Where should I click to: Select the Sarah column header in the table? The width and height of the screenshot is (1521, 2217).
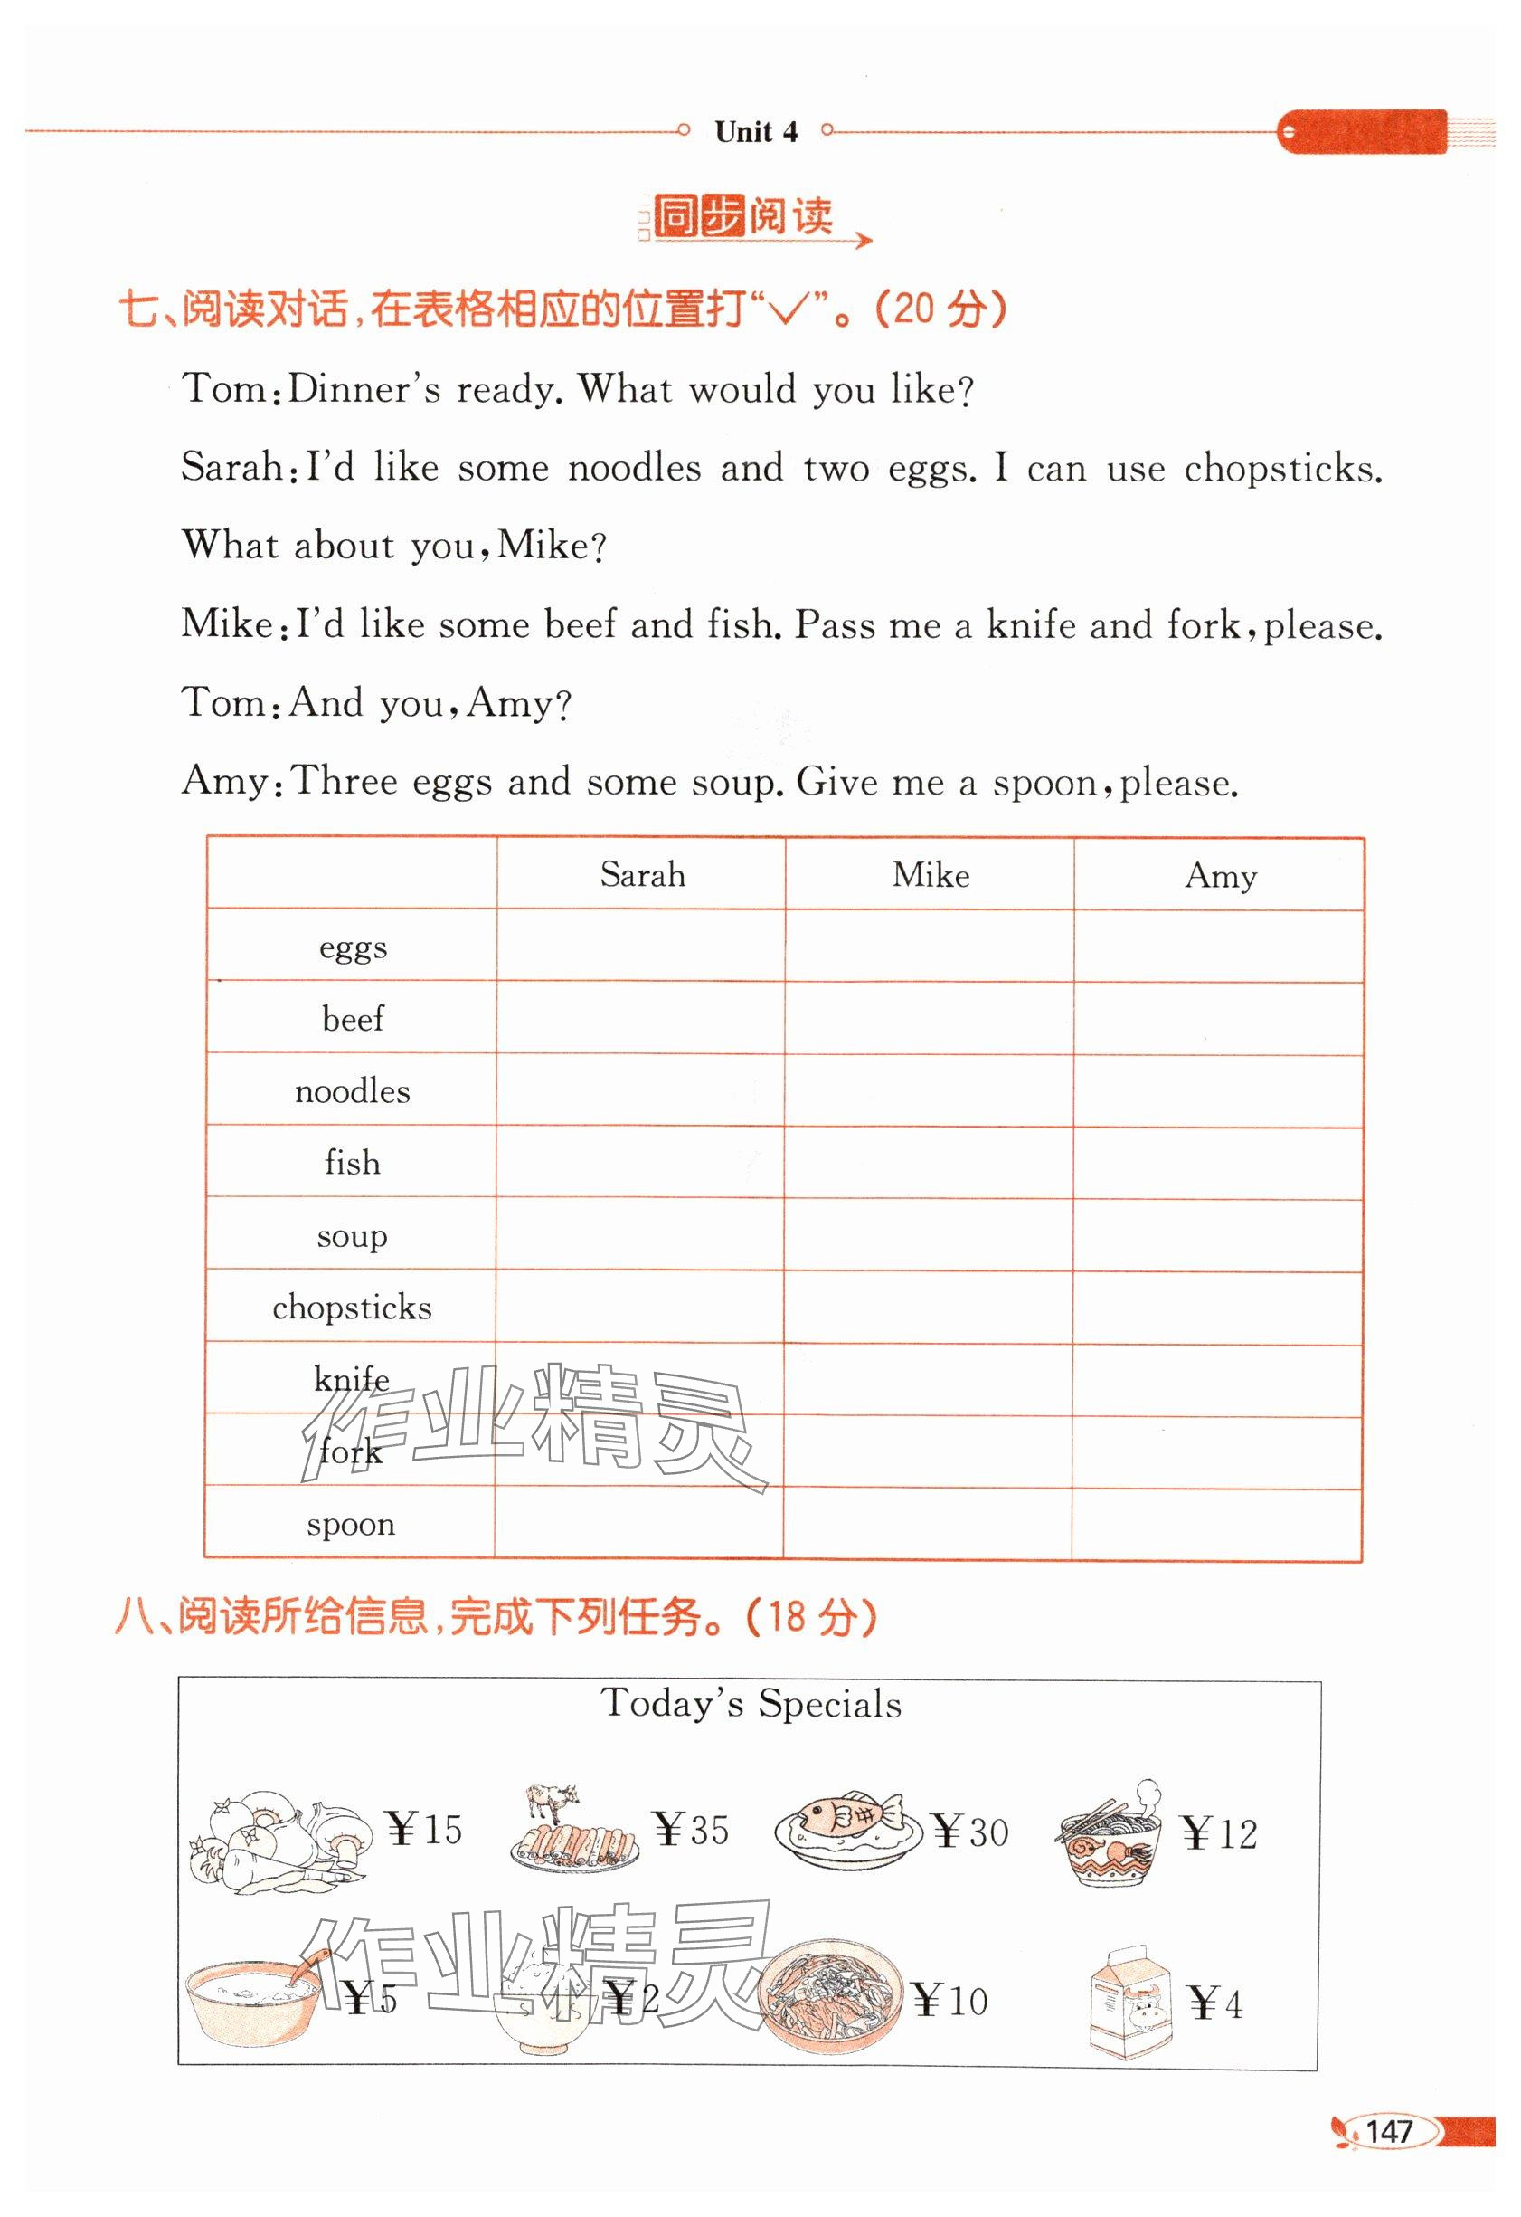(642, 875)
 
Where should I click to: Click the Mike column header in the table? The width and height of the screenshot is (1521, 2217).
(931, 875)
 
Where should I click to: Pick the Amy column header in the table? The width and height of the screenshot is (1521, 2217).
(1221, 876)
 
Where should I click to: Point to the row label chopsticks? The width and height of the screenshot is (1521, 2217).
(352, 1307)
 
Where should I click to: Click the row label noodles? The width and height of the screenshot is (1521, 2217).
(352, 1090)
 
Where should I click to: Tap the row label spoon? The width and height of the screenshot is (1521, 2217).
(351, 1524)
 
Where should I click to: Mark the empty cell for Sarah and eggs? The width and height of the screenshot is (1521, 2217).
(641, 947)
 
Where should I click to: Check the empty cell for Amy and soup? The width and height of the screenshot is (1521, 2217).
(1218, 1235)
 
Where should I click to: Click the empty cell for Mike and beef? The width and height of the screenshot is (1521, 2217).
(930, 1019)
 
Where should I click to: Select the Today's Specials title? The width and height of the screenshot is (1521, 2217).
(751, 1704)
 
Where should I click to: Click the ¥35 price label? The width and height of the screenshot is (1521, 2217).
(693, 1830)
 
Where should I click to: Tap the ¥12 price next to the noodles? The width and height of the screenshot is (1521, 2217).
(1219, 1833)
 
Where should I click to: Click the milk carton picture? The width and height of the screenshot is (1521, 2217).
(1132, 2003)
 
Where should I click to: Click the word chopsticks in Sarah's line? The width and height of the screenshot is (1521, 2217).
(1281, 469)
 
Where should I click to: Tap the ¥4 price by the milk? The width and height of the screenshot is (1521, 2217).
(1217, 2004)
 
